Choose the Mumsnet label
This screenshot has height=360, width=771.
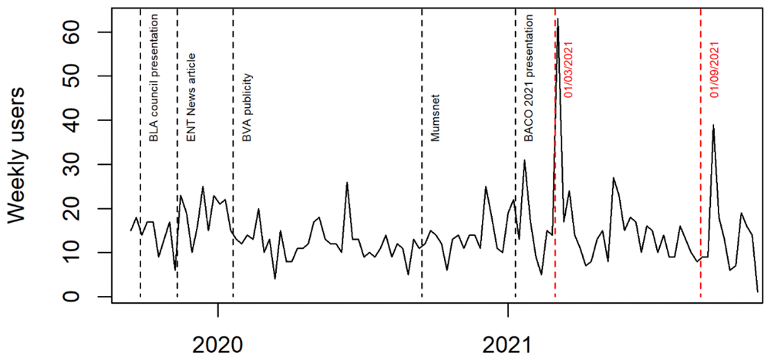(435, 121)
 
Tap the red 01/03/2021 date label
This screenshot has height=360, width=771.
(569, 70)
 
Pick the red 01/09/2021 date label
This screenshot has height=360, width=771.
(715, 70)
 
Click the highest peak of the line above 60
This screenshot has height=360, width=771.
(558, 20)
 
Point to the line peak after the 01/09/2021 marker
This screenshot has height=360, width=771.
(713, 125)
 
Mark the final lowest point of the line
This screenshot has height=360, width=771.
(758, 291)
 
